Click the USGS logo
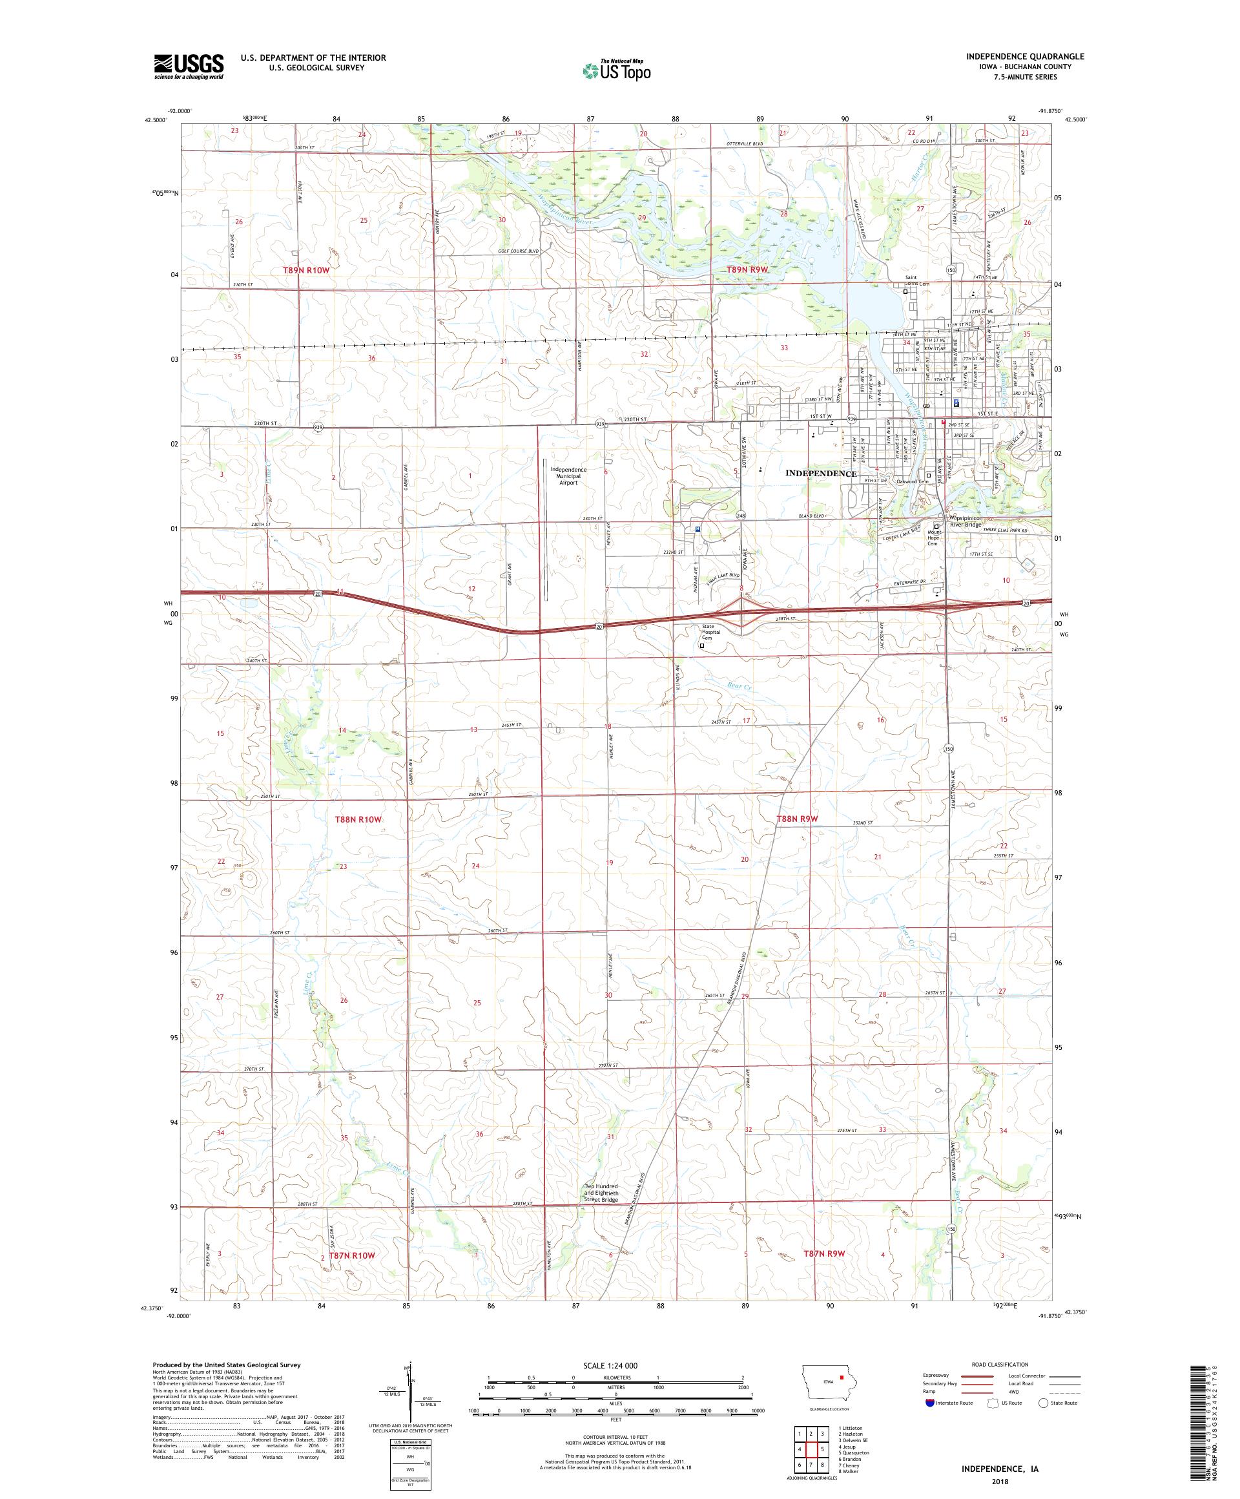pos(189,67)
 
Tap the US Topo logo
pos(617,70)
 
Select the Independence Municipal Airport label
pos(568,476)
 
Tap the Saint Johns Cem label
pos(918,281)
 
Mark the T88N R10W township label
pos(358,819)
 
